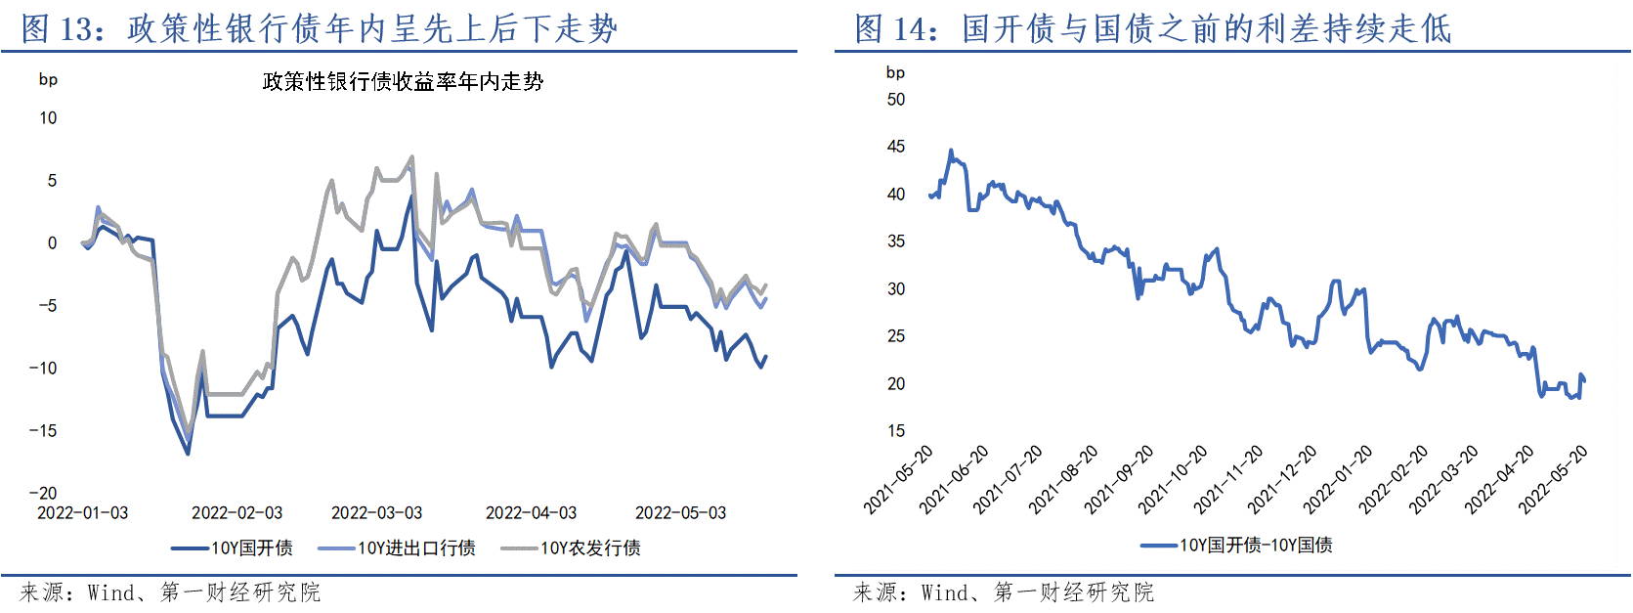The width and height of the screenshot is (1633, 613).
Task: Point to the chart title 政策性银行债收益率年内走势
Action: coord(403,81)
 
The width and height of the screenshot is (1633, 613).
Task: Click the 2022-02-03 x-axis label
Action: coord(236,512)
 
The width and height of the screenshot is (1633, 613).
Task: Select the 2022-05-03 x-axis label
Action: coord(680,512)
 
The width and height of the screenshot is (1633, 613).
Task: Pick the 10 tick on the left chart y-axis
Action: coord(48,117)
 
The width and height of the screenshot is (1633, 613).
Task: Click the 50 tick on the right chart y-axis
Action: coord(895,99)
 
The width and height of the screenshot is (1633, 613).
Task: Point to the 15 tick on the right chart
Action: coord(895,430)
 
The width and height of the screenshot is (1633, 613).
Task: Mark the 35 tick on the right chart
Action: coord(895,241)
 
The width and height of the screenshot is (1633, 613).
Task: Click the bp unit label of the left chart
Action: coord(48,79)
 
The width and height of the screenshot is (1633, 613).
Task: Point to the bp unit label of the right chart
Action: coord(895,72)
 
